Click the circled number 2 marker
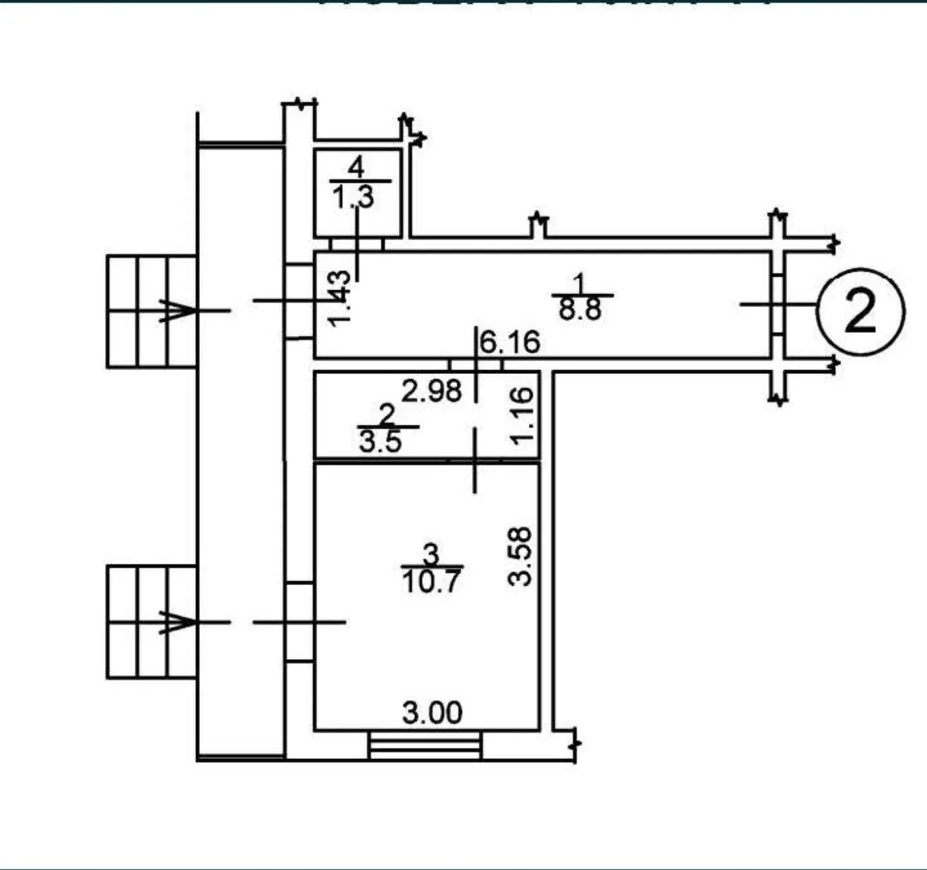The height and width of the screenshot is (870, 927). click(860, 312)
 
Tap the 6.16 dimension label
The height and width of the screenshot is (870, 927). click(510, 342)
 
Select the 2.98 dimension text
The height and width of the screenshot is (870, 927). click(432, 391)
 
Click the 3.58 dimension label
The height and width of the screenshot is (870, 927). click(520, 556)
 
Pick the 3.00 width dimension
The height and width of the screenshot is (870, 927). click(432, 713)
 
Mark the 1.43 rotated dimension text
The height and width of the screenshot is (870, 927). click(339, 299)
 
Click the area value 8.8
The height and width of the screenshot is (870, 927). click(580, 309)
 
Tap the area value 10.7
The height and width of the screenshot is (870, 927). click(432, 582)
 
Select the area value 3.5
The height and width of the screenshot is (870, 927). click(381, 441)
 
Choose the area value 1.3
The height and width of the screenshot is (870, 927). click(353, 196)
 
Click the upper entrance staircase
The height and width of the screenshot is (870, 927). click(152, 312)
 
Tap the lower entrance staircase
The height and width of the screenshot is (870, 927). click(152, 622)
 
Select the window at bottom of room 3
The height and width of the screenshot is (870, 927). click(425, 746)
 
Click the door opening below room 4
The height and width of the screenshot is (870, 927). click(356, 244)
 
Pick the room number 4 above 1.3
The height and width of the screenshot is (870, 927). click(356, 167)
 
